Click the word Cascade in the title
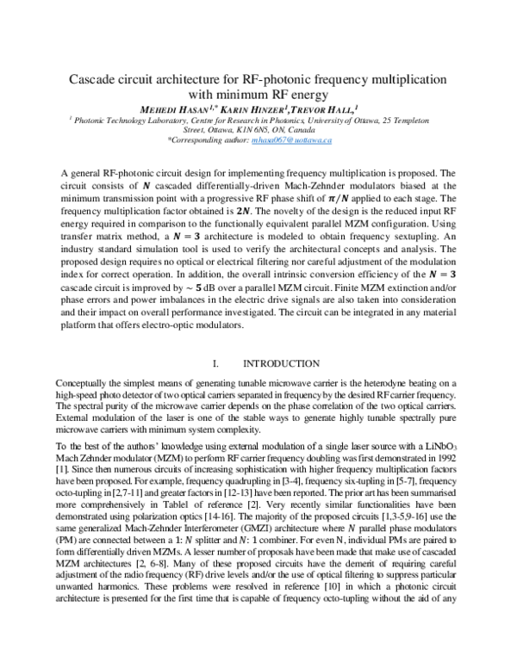click(95, 79)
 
